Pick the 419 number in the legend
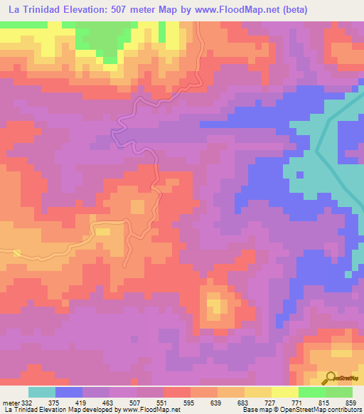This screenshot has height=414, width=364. point(80,403)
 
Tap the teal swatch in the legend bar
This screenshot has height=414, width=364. point(42,392)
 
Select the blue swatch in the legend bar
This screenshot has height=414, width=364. point(69,392)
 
